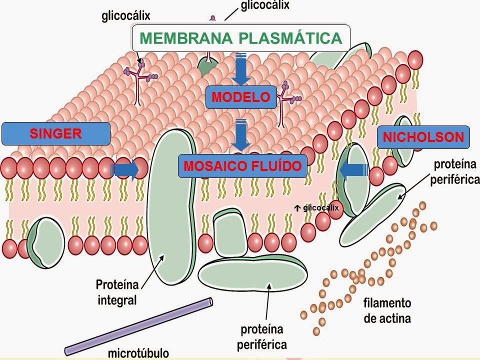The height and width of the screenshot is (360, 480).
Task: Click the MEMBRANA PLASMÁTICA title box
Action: tap(240, 38)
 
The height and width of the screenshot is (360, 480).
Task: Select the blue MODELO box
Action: tap(240, 96)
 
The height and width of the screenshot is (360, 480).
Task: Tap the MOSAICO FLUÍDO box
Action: tap(242, 166)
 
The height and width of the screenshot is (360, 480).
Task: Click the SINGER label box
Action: tap(55, 133)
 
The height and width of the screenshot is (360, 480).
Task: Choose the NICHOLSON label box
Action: tap(423, 137)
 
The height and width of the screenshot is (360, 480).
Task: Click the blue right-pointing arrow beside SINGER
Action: tap(126, 170)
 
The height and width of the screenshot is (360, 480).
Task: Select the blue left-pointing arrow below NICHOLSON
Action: tap(353, 170)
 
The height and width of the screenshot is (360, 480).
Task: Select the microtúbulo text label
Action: tap(138, 353)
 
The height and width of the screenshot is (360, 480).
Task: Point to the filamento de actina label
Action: tap(387, 310)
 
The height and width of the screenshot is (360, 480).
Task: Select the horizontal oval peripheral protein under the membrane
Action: tap(253, 273)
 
